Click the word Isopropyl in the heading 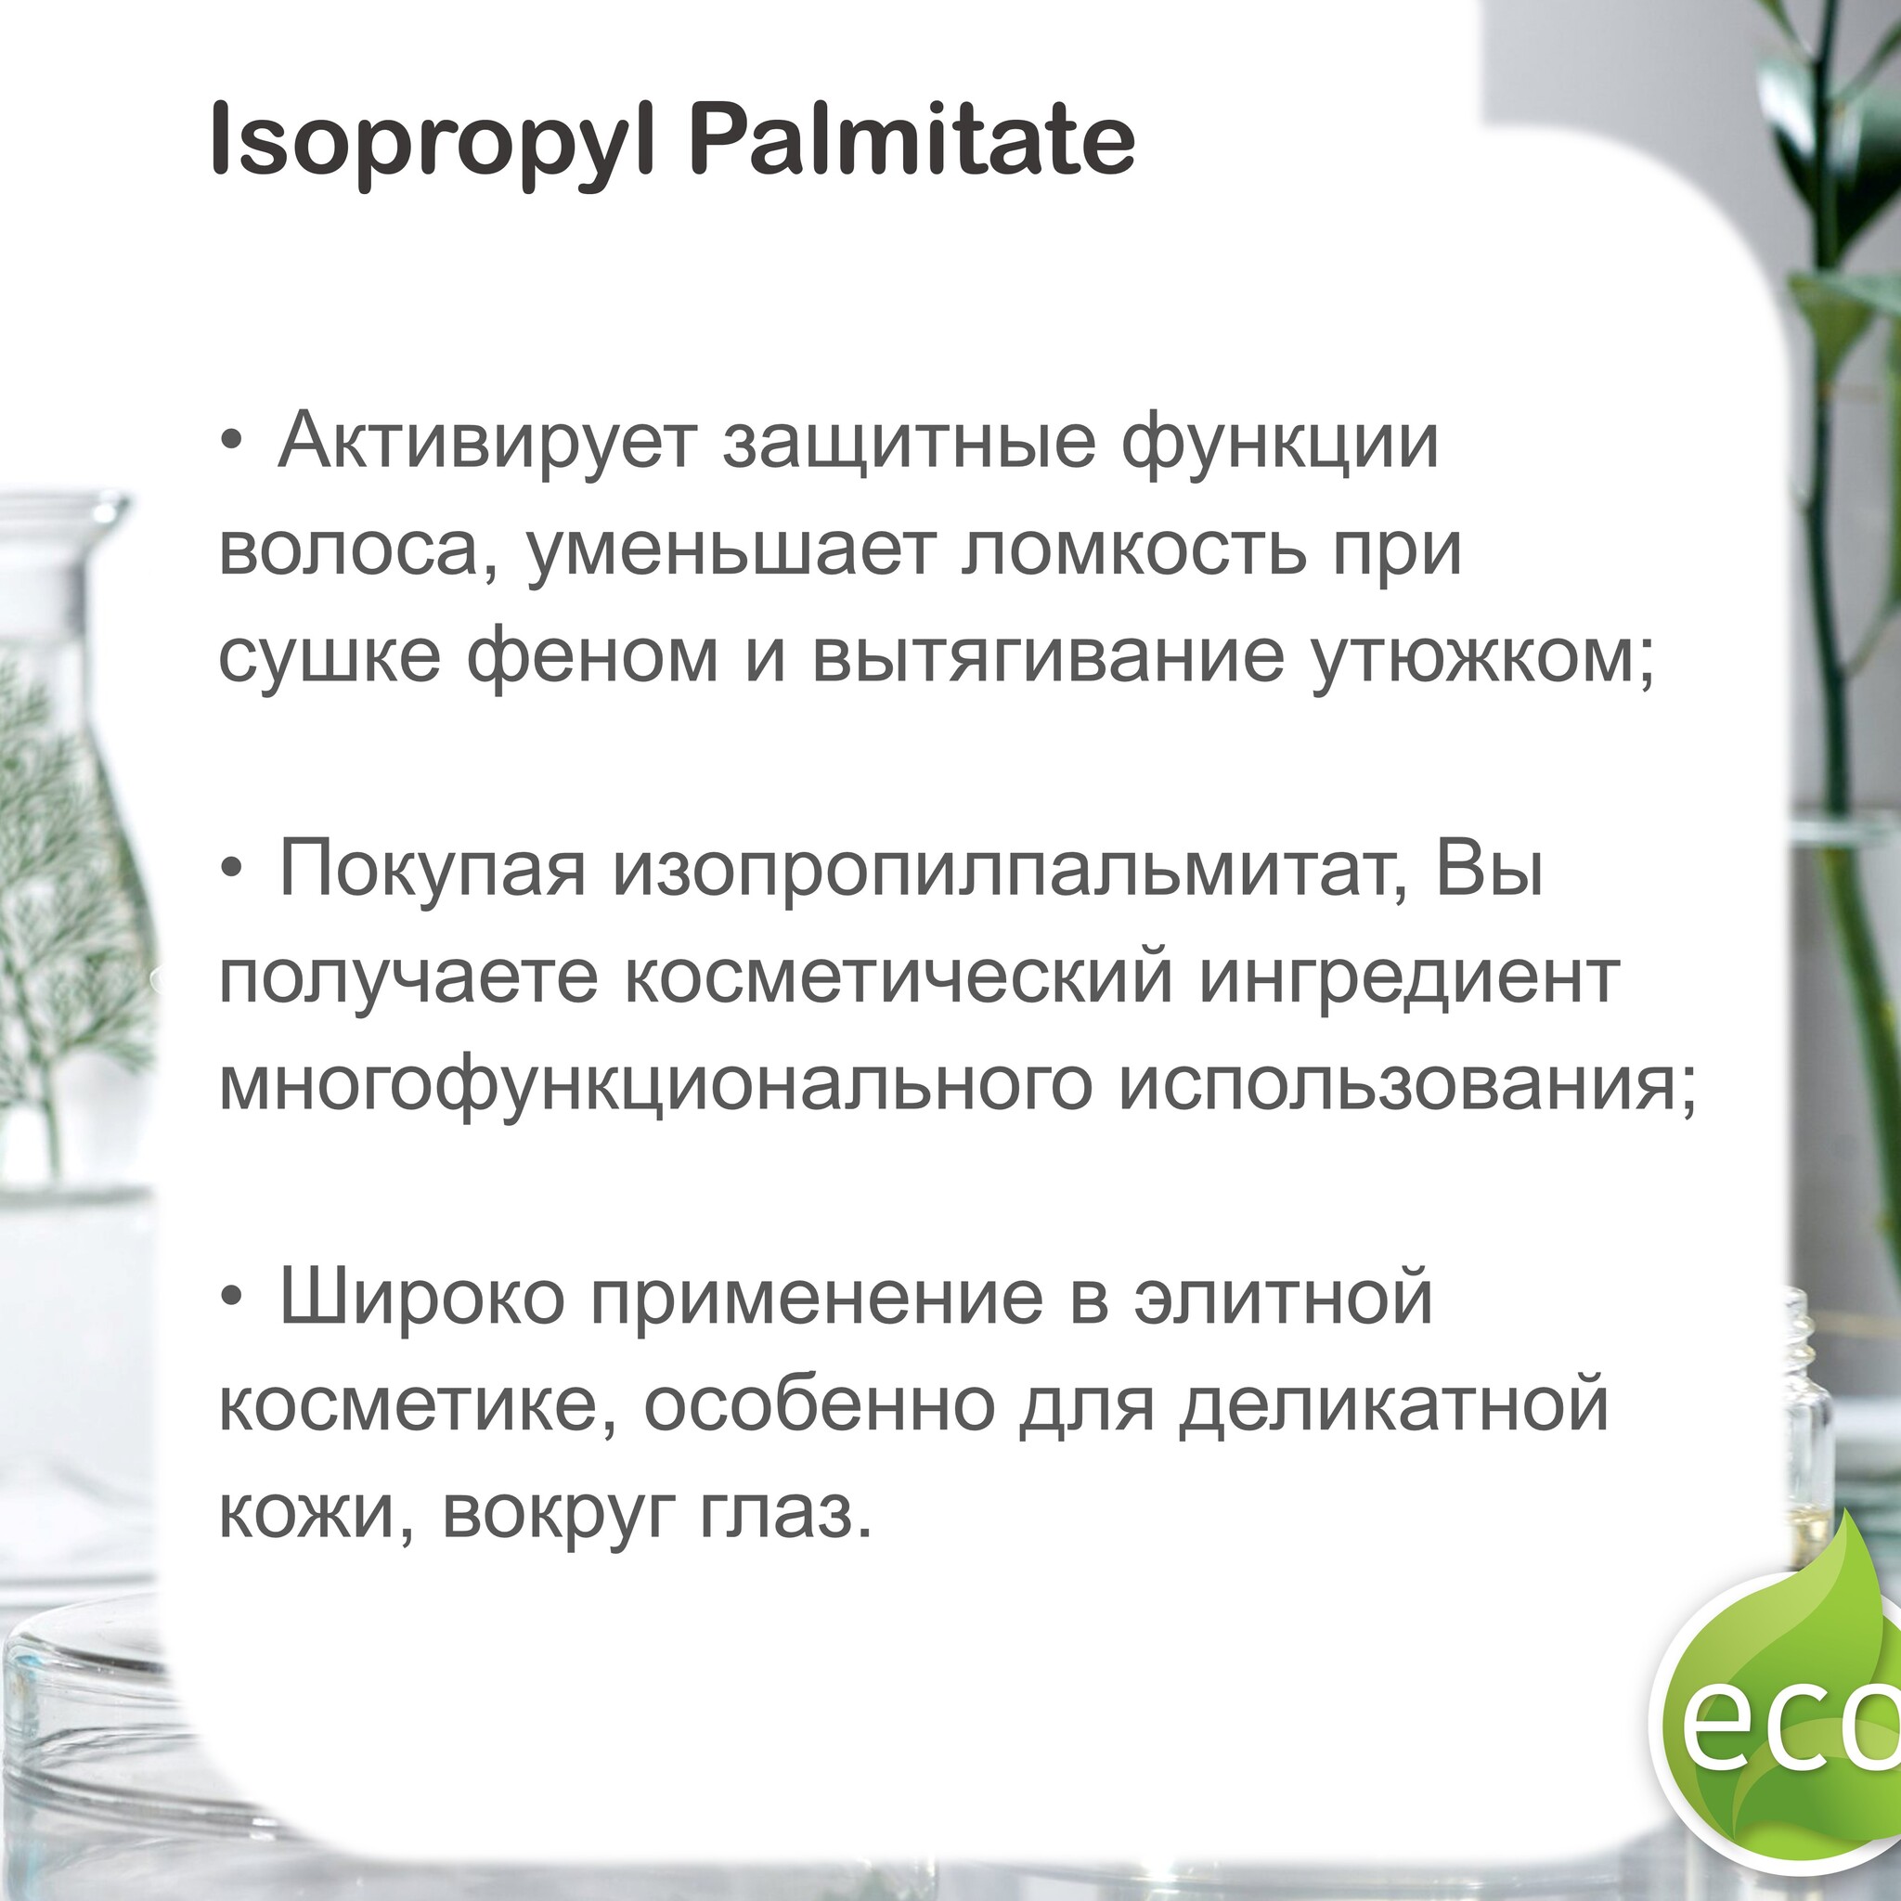click(432, 145)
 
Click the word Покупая click(432, 870)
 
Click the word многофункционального click(655, 1084)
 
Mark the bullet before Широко click(231, 1299)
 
